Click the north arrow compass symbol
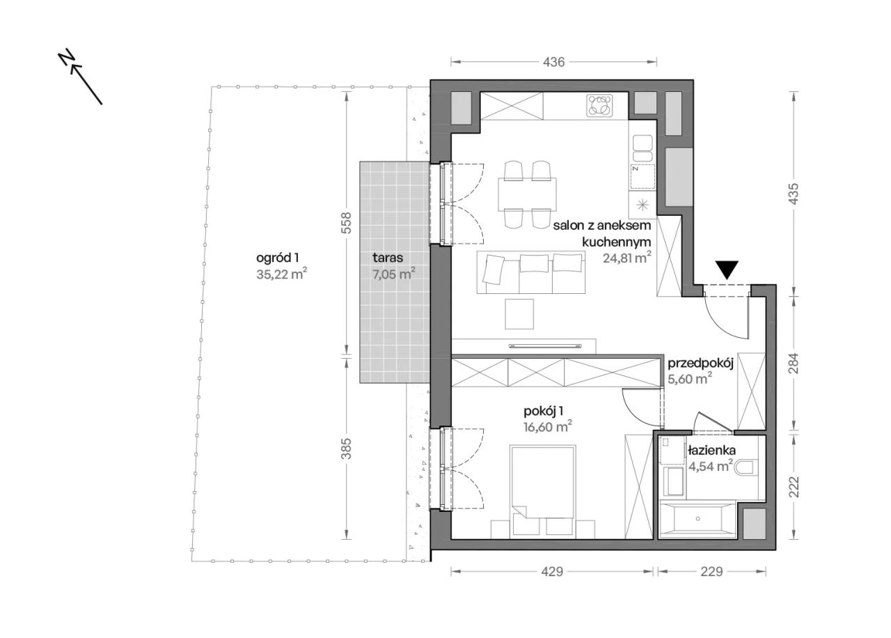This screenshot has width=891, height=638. pyautogui.click(x=80, y=77)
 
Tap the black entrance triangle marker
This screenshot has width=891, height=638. pyautogui.click(x=727, y=270)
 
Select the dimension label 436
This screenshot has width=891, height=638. pyautogui.click(x=553, y=62)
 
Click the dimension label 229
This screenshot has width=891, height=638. pyautogui.click(x=711, y=572)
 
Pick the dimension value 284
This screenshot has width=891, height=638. pyautogui.click(x=793, y=364)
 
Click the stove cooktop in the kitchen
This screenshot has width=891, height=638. pyautogui.click(x=599, y=106)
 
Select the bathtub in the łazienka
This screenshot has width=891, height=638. pyautogui.click(x=697, y=519)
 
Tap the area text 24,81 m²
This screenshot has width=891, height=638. pyautogui.click(x=627, y=258)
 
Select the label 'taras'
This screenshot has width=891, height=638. pyautogui.click(x=388, y=258)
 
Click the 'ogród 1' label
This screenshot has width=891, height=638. pyautogui.click(x=277, y=258)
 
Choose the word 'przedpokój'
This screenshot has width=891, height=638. pyautogui.click(x=700, y=364)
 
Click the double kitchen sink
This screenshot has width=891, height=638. pyautogui.click(x=642, y=148)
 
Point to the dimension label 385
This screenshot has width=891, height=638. pyautogui.click(x=347, y=449)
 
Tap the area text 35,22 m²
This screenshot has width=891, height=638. pyautogui.click(x=282, y=274)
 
